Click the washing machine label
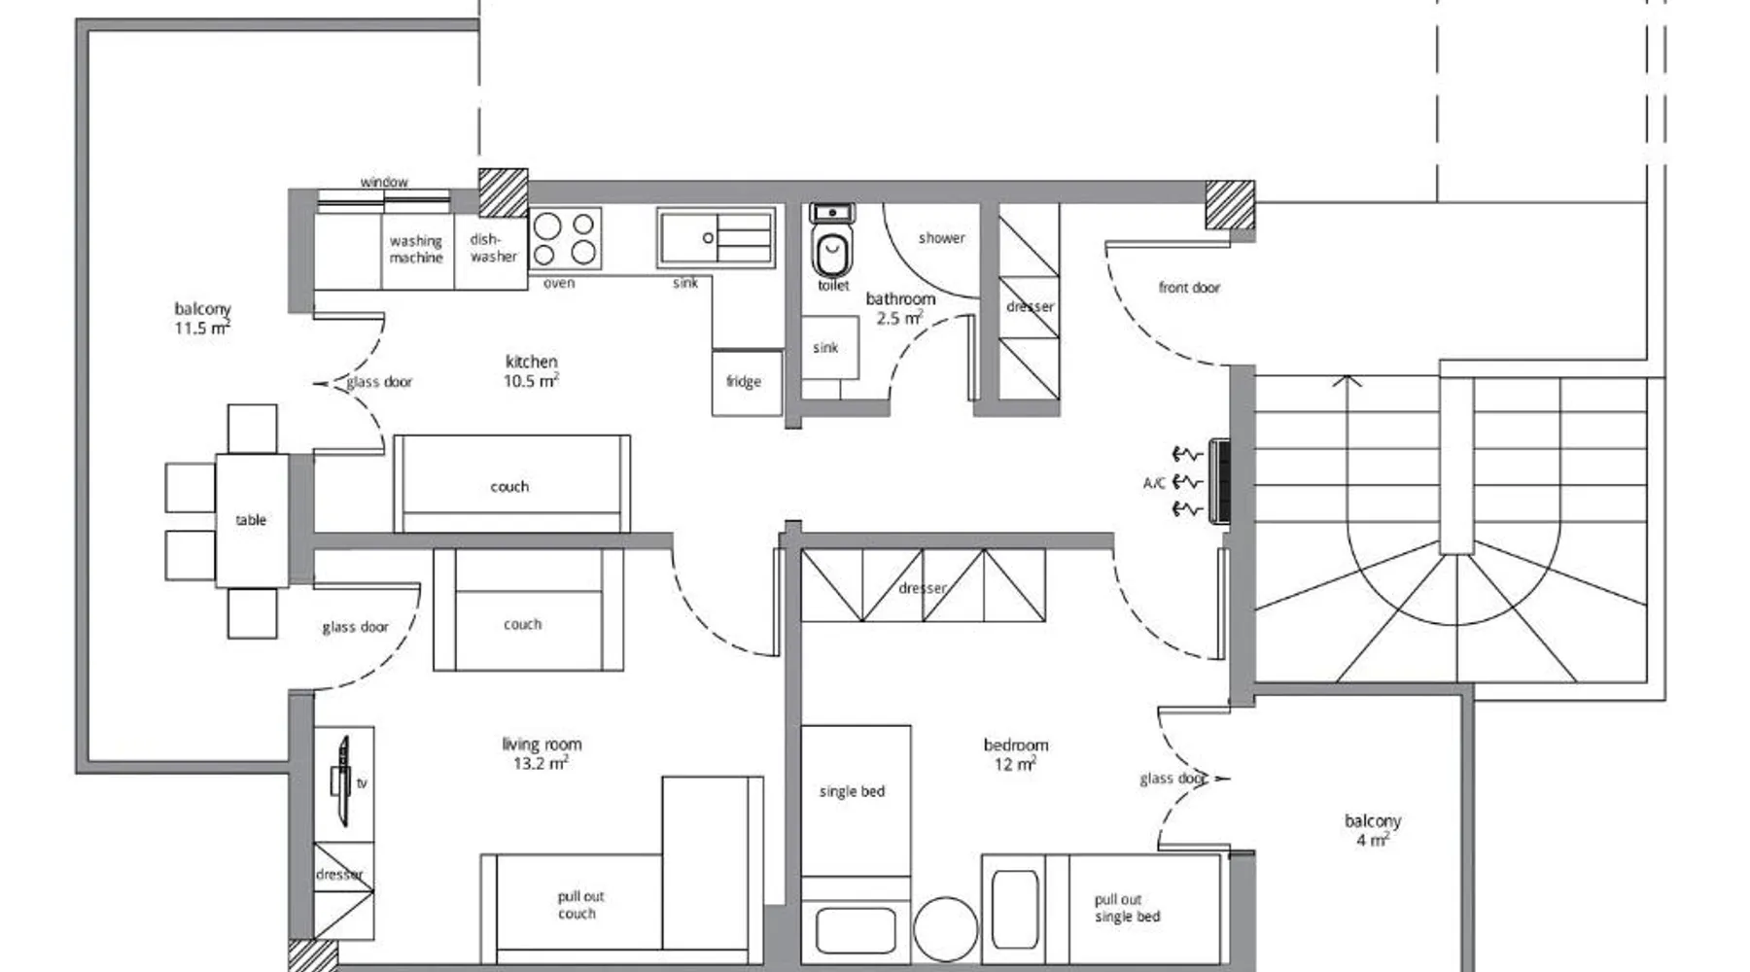(x=416, y=249)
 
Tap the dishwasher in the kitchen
(x=491, y=251)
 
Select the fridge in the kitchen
(x=747, y=382)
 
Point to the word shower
(x=942, y=238)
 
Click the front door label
(x=1189, y=288)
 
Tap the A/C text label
(x=1154, y=483)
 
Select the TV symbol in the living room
(x=341, y=781)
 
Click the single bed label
(x=853, y=792)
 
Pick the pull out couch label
(x=579, y=905)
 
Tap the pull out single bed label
(x=1127, y=908)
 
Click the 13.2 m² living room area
(x=541, y=764)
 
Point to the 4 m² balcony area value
(x=1372, y=840)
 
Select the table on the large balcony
(x=252, y=520)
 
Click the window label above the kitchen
(x=384, y=182)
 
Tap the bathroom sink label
(x=825, y=348)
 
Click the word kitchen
(x=532, y=362)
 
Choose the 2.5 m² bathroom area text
(x=899, y=318)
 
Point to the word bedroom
(x=1016, y=746)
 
